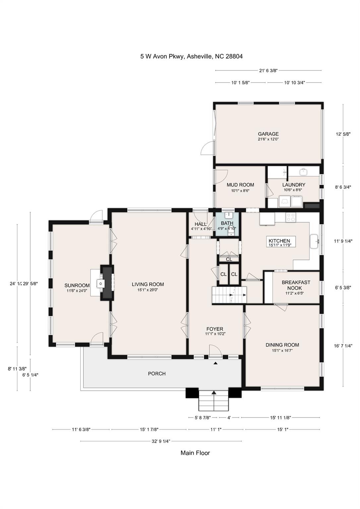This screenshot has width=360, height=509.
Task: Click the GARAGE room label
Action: (268, 134)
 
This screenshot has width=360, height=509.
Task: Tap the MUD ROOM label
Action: (240, 185)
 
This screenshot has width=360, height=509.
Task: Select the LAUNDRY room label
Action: (293, 185)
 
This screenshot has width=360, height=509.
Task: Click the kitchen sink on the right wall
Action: (314, 241)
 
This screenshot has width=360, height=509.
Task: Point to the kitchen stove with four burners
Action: (291, 217)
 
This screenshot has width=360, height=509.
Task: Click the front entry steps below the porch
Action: (214, 400)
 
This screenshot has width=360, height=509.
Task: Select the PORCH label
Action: (157, 373)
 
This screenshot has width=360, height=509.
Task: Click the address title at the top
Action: (191, 56)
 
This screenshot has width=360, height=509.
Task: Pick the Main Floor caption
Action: (195, 453)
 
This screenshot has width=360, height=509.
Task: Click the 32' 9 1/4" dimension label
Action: (161, 441)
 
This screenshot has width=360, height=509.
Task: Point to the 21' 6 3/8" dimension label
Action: (268, 70)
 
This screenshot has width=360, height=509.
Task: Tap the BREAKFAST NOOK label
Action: (296, 285)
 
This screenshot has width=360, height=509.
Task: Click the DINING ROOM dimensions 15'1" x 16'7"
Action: (282, 350)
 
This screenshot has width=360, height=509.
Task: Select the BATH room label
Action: (227, 223)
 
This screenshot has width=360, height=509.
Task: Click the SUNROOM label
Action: (77, 285)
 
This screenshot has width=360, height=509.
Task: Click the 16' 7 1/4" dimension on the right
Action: (343, 346)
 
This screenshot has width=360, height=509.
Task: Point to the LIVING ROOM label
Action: (148, 284)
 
